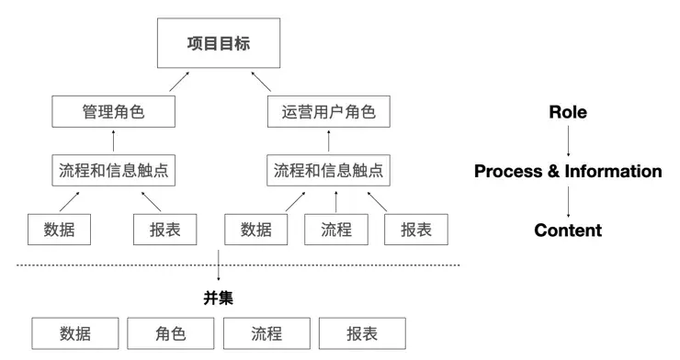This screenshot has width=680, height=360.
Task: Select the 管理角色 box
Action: [114, 113]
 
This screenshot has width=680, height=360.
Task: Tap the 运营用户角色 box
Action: [328, 113]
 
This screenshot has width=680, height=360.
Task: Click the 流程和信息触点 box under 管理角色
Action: [114, 171]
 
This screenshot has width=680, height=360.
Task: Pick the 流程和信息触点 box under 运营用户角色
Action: [328, 171]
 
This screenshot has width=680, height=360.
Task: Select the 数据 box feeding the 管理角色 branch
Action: [60, 230]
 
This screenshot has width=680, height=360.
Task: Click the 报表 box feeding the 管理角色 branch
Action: [165, 230]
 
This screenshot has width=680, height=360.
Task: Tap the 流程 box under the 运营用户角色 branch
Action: [336, 230]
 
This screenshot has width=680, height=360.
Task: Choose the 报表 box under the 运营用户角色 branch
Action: [415, 230]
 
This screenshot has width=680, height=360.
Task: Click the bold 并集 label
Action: [218, 298]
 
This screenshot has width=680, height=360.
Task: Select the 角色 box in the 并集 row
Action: [170, 333]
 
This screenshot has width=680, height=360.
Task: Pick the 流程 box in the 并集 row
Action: [266, 333]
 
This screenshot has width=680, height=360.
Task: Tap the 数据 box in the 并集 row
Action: [75, 333]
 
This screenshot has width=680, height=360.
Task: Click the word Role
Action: [568, 112]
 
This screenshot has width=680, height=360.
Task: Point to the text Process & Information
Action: [568, 171]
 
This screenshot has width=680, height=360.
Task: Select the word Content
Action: [568, 230]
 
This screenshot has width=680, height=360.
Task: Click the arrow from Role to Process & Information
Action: [568, 141]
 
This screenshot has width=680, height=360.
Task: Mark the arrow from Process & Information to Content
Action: [568, 200]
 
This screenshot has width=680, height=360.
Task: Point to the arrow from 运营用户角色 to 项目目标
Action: [267, 84]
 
